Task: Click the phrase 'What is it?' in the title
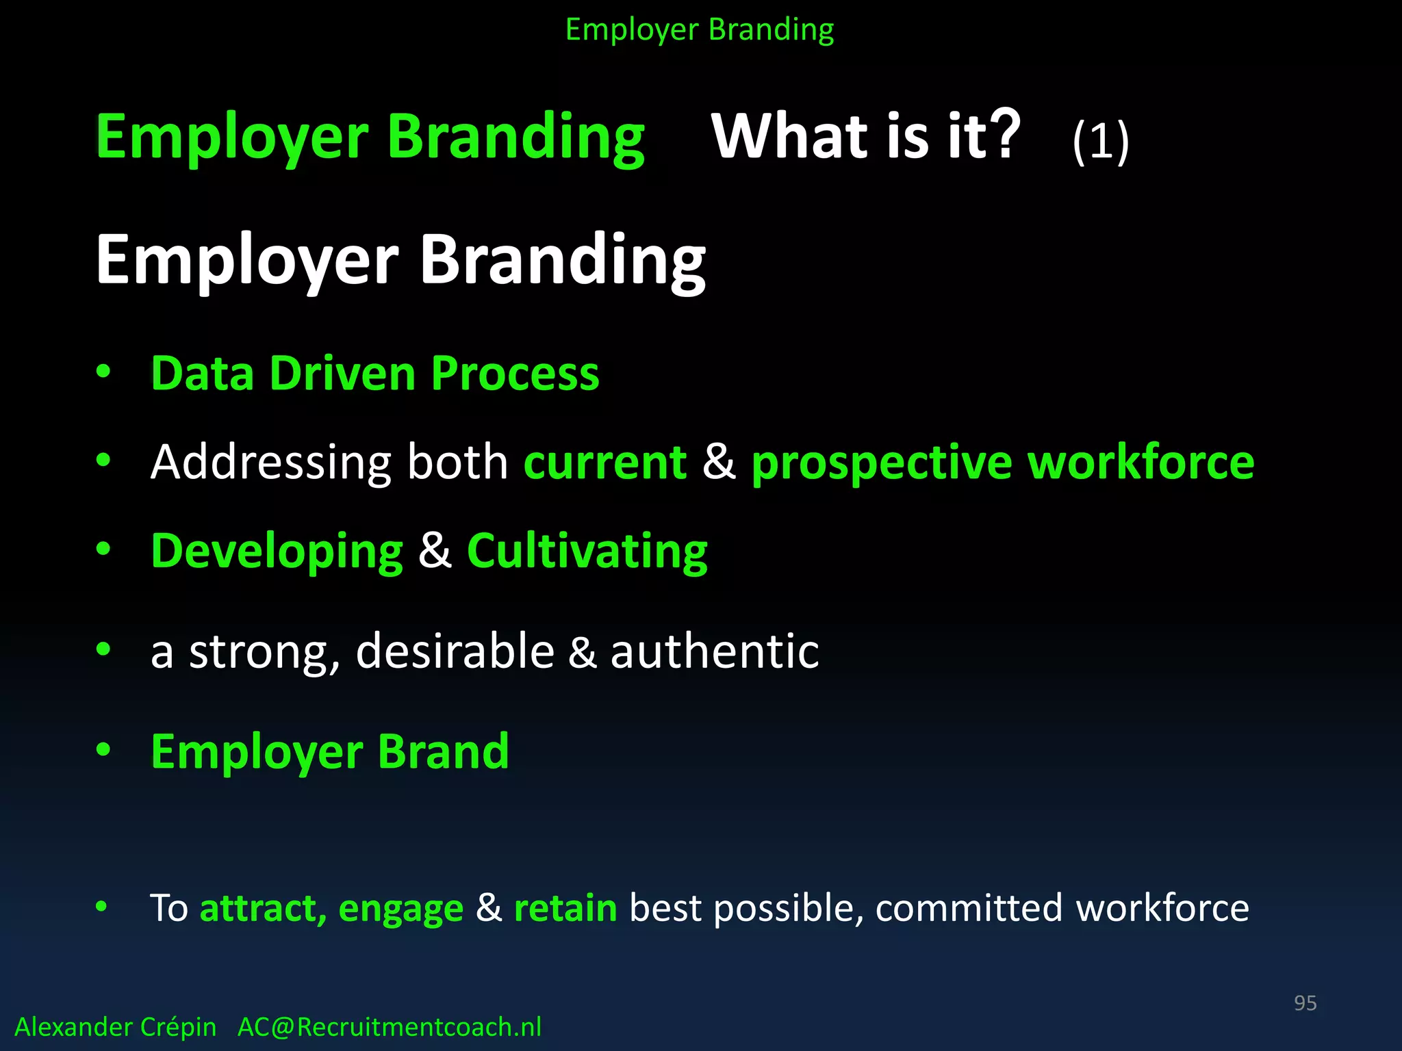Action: (x=865, y=136)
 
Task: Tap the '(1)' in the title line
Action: (x=1100, y=141)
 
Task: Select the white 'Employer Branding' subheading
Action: (x=400, y=261)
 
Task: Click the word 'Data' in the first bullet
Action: (x=203, y=374)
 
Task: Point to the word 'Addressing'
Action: (x=270, y=463)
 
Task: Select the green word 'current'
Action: (x=604, y=463)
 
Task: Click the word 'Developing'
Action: (x=277, y=552)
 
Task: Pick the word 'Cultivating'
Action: (x=587, y=552)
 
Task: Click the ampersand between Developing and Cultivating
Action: (x=435, y=550)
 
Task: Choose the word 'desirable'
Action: (x=455, y=651)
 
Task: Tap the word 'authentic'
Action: (x=714, y=651)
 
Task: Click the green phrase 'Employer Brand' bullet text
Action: (x=329, y=752)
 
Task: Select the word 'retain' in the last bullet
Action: (x=565, y=908)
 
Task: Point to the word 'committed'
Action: (x=969, y=908)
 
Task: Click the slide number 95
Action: (x=1305, y=1002)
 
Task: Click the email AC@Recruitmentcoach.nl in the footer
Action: (x=389, y=1027)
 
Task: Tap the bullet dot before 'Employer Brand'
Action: (x=103, y=749)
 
